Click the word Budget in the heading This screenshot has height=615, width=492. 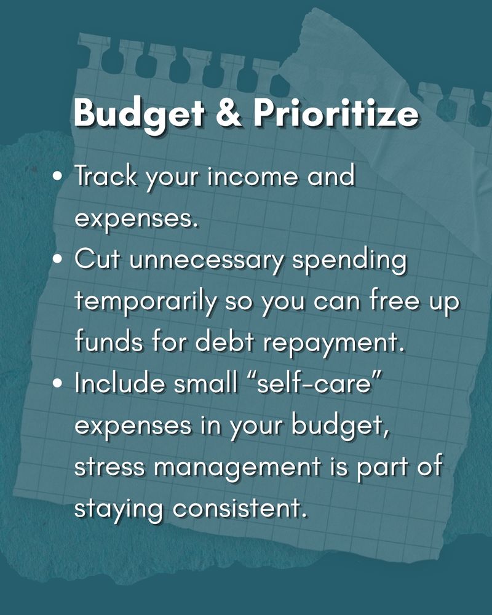click(138, 114)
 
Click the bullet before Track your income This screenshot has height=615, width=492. click(58, 176)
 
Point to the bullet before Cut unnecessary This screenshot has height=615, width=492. click(58, 260)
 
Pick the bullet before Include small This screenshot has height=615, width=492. click(58, 384)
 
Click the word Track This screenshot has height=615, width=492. click(106, 175)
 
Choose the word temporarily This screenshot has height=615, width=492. click(146, 303)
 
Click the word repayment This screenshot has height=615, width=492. click(333, 343)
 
